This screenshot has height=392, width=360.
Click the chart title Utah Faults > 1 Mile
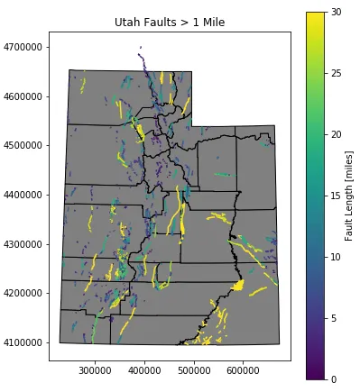170,22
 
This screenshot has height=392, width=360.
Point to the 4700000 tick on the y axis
25,47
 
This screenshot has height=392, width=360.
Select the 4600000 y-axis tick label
25,96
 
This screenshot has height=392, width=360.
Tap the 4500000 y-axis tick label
25,145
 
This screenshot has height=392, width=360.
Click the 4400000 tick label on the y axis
25,195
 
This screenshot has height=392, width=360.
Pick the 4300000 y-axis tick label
25,244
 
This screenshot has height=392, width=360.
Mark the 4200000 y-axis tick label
25,293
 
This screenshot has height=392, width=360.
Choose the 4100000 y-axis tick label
25,342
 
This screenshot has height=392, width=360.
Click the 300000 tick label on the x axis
95,369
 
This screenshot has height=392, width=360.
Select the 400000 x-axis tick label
144,369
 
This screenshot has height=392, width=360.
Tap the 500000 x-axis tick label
194,369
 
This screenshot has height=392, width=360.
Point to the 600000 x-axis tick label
243,369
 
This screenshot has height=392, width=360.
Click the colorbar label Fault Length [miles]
349,196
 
